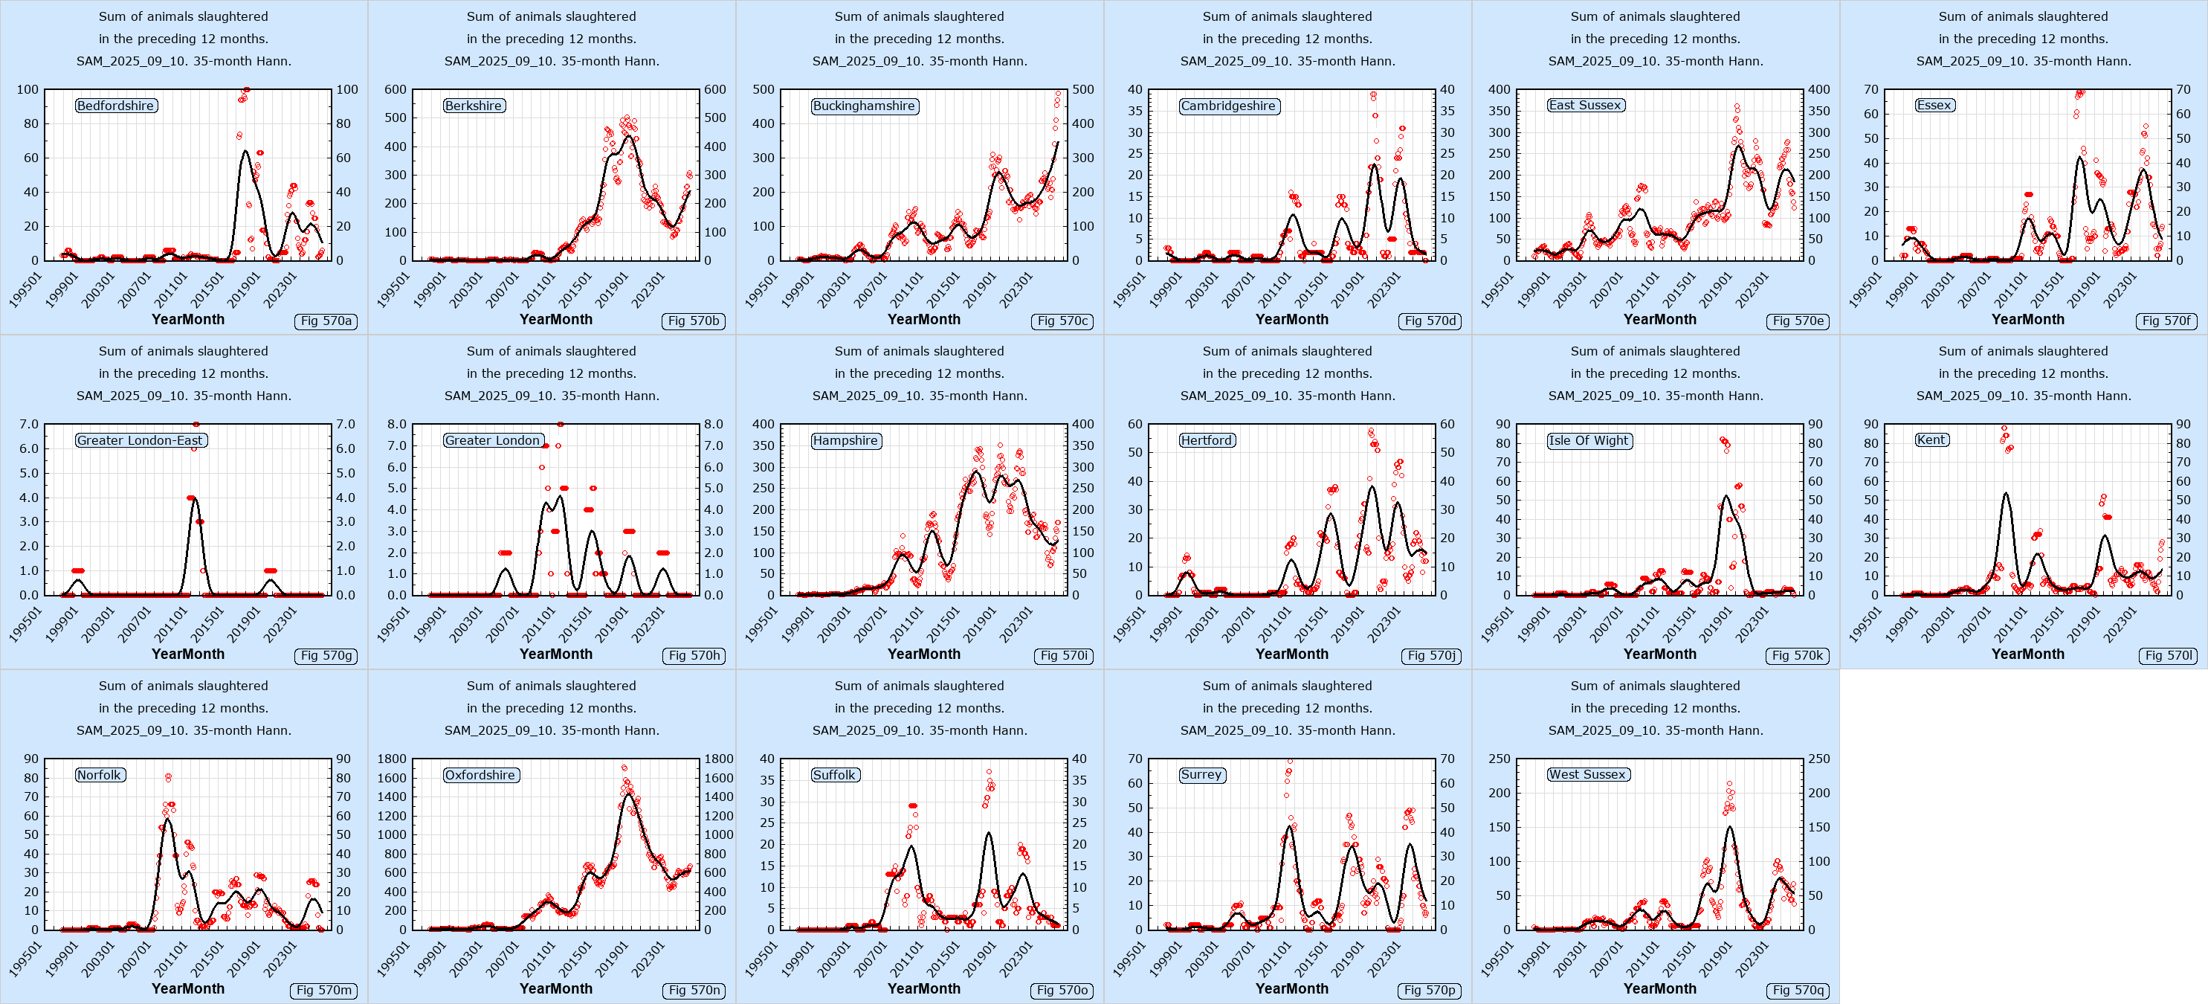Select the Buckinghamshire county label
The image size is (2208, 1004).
(864, 106)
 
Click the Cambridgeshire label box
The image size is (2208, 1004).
(1228, 106)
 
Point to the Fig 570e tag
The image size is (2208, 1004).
(1798, 321)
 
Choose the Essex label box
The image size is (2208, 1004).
(1934, 106)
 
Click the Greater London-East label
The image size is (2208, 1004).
(141, 440)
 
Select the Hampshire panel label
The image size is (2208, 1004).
(845, 440)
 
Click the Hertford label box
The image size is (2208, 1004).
(1207, 440)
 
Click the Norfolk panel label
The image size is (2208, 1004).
(100, 774)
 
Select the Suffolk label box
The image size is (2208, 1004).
(834, 774)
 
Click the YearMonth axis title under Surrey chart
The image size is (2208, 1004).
(1291, 988)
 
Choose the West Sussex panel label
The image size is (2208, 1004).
(1586, 774)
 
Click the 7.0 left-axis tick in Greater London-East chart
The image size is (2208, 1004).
(28, 425)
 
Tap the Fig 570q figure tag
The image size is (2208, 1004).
(1798, 989)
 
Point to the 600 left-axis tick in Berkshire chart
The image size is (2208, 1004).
(396, 89)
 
